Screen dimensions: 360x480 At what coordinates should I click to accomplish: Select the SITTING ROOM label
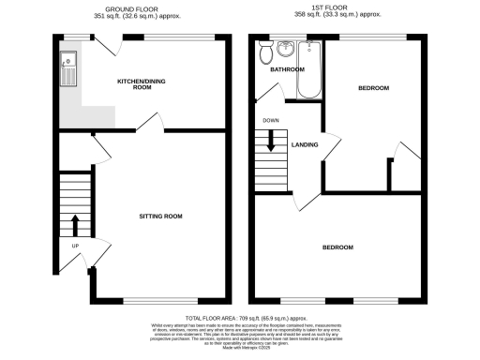pyautogui.click(x=160, y=216)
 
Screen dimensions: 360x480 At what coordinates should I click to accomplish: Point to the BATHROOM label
pyautogui.click(x=287, y=70)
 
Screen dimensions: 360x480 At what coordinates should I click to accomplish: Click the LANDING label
pyautogui.click(x=304, y=144)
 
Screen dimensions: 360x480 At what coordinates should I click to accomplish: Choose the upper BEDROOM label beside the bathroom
pyautogui.click(x=374, y=87)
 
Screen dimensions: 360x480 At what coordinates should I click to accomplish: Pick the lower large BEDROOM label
pyautogui.click(x=337, y=247)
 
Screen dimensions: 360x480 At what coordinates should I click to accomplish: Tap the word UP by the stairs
pyautogui.click(x=74, y=247)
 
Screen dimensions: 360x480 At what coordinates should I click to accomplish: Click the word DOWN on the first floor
pyautogui.click(x=270, y=120)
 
